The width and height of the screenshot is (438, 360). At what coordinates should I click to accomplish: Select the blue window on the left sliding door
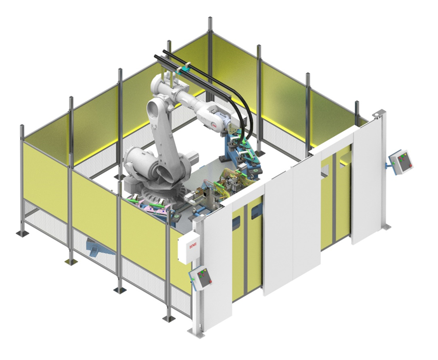[236, 222]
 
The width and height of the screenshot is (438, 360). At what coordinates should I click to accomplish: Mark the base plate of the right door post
[384, 226]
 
